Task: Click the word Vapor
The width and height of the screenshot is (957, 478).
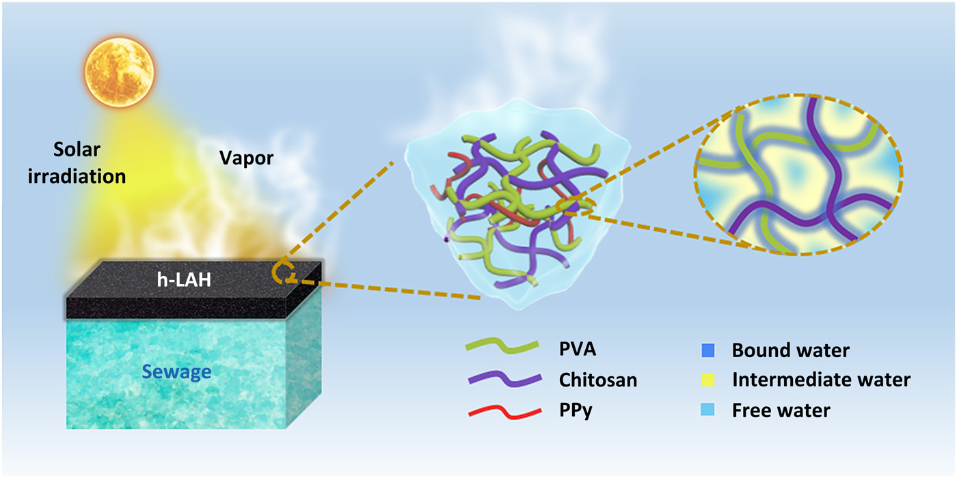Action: coord(246,158)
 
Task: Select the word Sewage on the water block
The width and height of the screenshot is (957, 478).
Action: coord(177,372)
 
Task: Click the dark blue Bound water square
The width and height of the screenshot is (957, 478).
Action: coord(707,350)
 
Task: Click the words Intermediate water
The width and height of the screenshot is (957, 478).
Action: coord(821,380)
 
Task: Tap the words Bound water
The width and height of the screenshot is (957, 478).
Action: coord(790,350)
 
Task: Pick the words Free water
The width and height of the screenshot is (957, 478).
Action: coord(781,411)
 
